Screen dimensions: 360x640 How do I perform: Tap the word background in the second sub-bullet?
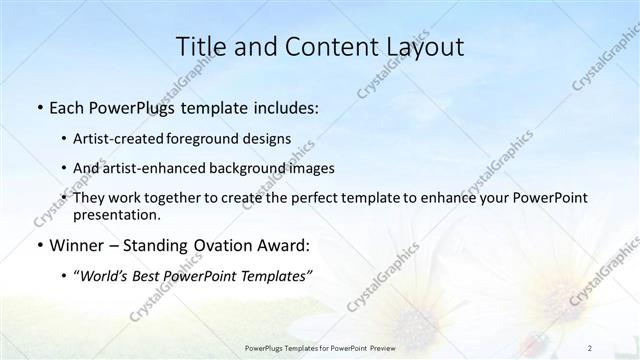(x=247, y=168)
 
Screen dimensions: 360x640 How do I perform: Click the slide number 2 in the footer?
(x=591, y=348)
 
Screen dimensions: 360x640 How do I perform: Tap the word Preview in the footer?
(x=381, y=348)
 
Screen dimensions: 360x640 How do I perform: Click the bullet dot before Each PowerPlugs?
(x=38, y=108)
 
